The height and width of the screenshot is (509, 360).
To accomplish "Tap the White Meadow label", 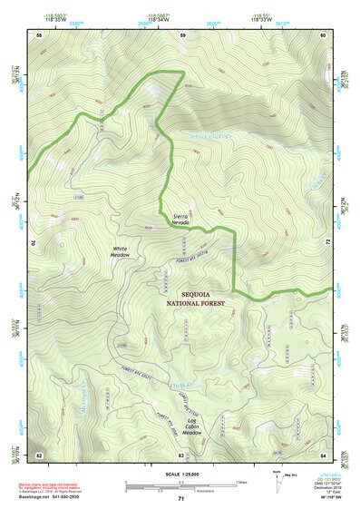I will click(x=121, y=252).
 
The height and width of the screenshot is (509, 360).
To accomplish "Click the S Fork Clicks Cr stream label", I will click(x=210, y=136).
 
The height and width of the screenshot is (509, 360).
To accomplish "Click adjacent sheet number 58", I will click(x=39, y=34).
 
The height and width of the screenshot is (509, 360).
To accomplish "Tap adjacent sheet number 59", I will click(x=182, y=34).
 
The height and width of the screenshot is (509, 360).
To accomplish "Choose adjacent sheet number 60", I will click(x=324, y=34).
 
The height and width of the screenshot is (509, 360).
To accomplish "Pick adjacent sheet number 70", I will click(x=34, y=244).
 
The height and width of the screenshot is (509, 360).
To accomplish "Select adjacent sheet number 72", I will click(x=328, y=243).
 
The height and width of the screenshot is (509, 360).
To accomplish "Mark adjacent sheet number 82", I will click(x=39, y=454).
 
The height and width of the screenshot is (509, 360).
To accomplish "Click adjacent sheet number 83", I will click(x=181, y=454).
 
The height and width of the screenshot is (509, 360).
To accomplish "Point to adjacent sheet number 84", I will click(x=324, y=454).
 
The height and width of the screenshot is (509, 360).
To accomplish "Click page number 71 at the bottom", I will click(x=181, y=498).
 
